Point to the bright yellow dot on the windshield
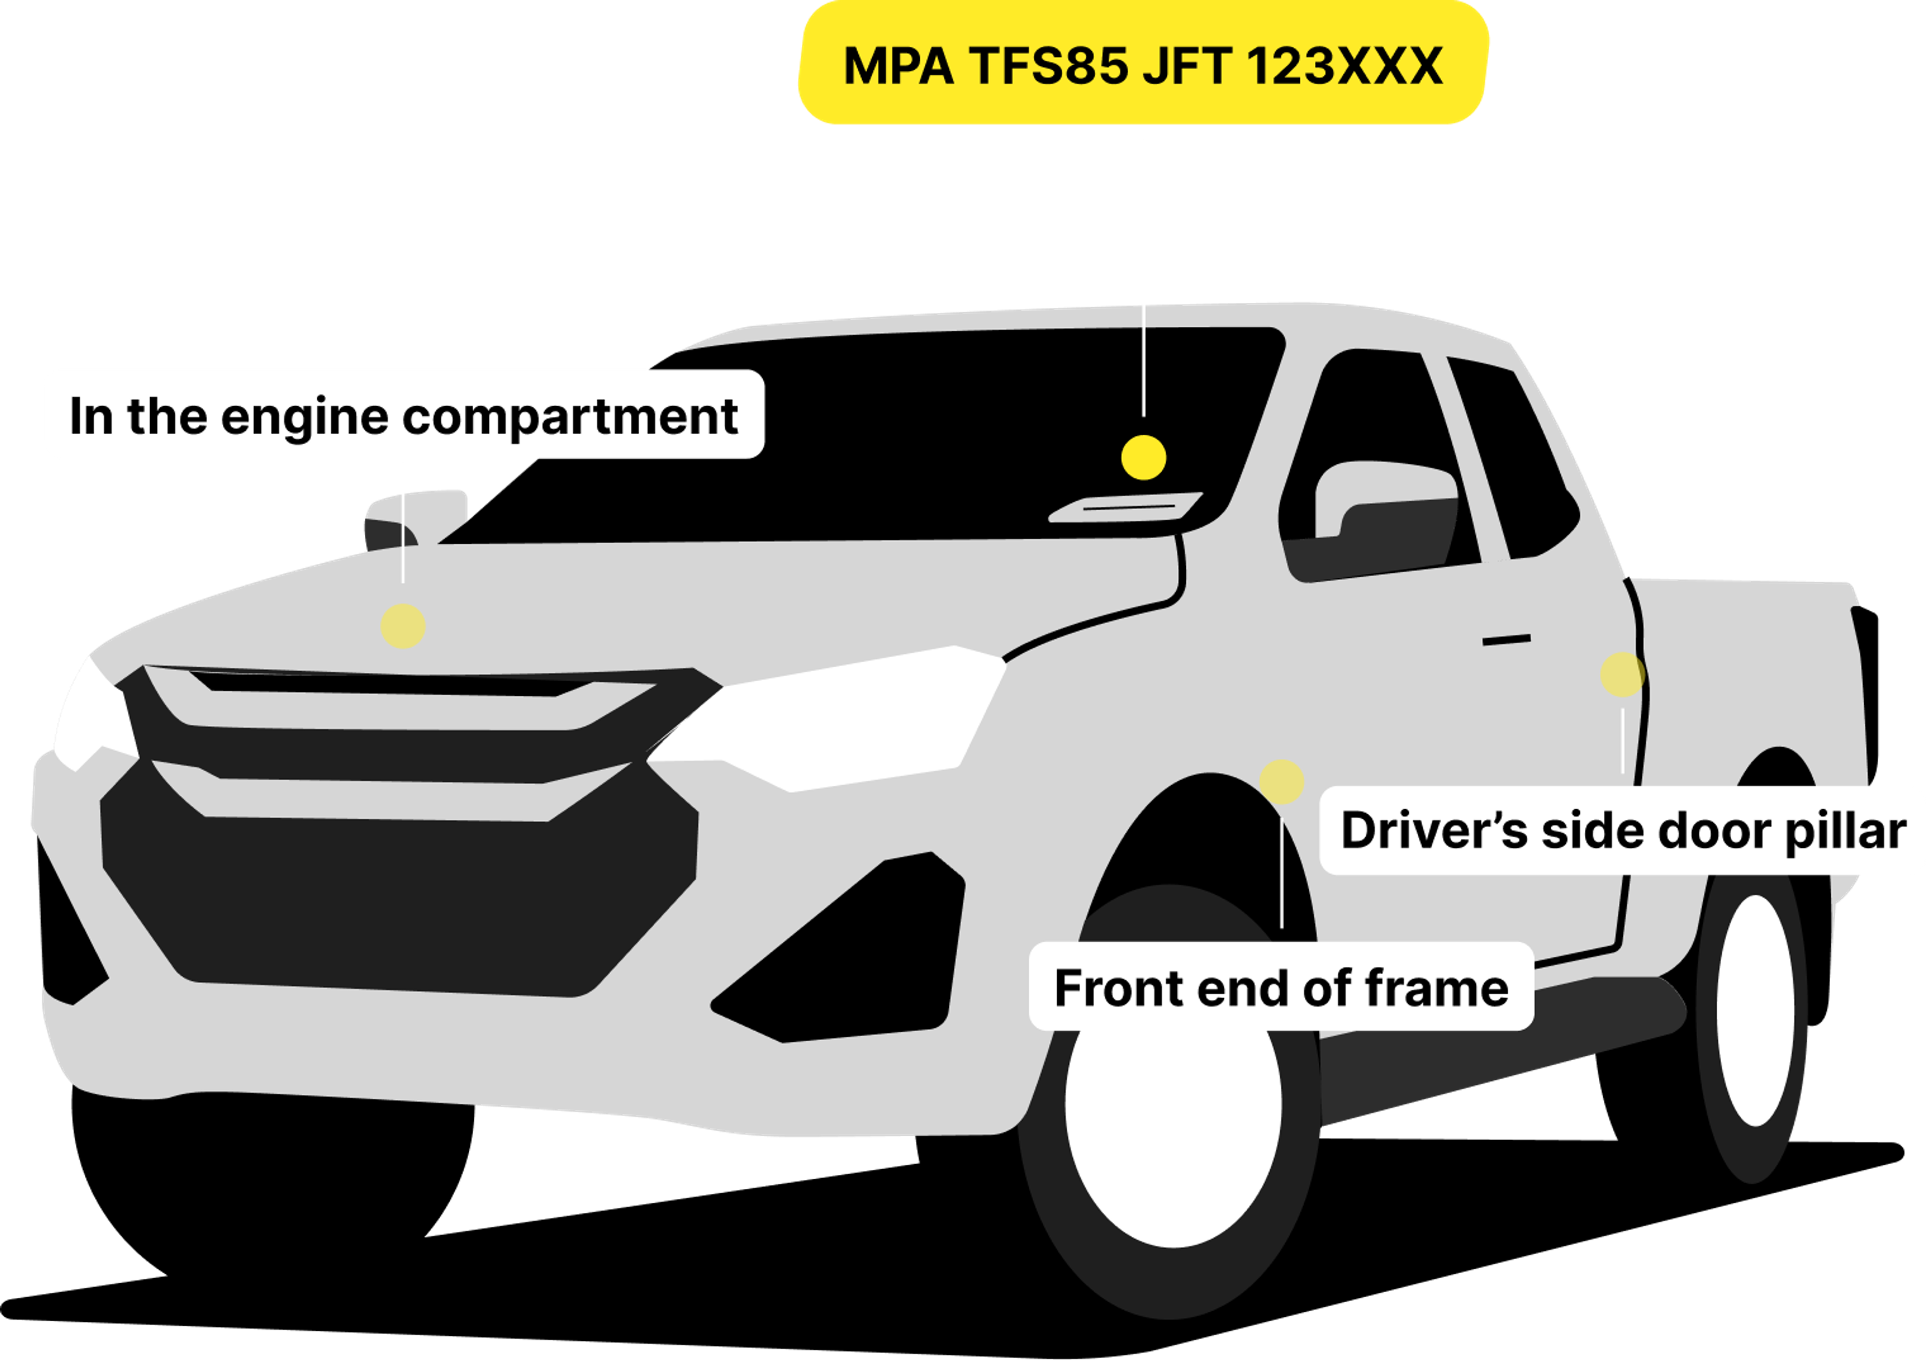1143,457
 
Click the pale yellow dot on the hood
403,626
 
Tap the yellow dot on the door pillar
1621,674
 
